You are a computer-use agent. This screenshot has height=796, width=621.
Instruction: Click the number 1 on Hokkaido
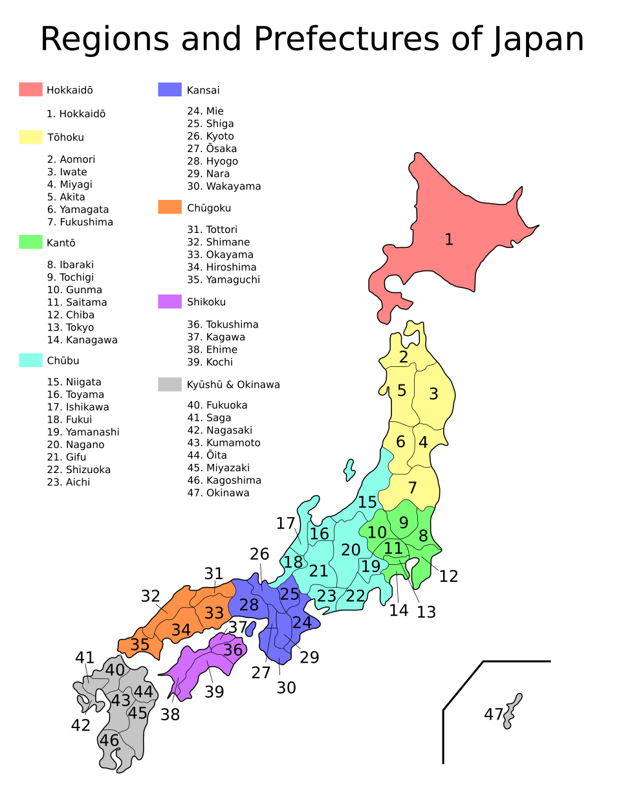click(x=448, y=240)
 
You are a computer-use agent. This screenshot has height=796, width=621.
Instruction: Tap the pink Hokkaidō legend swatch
click(x=30, y=89)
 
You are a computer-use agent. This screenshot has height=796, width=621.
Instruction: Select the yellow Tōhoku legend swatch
click(x=30, y=137)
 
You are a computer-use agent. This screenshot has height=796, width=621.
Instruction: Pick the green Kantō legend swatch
click(x=30, y=242)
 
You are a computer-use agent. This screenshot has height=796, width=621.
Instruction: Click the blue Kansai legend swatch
click(x=169, y=89)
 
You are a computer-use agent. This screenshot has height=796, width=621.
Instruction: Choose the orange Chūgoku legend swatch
click(x=169, y=207)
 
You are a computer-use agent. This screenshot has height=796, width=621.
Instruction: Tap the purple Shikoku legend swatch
click(x=169, y=302)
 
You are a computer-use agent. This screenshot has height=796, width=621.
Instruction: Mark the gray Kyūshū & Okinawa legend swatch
click(x=169, y=384)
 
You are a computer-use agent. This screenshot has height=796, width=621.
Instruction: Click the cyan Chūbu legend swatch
click(x=30, y=360)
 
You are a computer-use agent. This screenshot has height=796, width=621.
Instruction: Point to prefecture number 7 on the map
click(x=412, y=488)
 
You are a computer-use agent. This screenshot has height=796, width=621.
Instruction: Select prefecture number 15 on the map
click(x=367, y=502)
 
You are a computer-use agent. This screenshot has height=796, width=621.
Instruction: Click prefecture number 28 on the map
click(x=248, y=605)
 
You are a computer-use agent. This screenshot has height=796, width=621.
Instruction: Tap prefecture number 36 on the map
click(x=233, y=649)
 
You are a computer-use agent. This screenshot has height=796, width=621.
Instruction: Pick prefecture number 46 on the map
click(x=109, y=740)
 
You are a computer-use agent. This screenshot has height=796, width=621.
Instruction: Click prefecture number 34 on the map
click(x=181, y=630)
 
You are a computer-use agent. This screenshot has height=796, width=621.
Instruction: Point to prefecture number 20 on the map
click(x=351, y=550)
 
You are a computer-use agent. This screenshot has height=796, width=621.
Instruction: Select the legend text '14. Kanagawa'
click(x=82, y=340)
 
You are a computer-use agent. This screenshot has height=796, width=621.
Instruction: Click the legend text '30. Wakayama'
click(x=224, y=186)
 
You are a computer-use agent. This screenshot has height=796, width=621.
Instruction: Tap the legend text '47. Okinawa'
click(x=218, y=493)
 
